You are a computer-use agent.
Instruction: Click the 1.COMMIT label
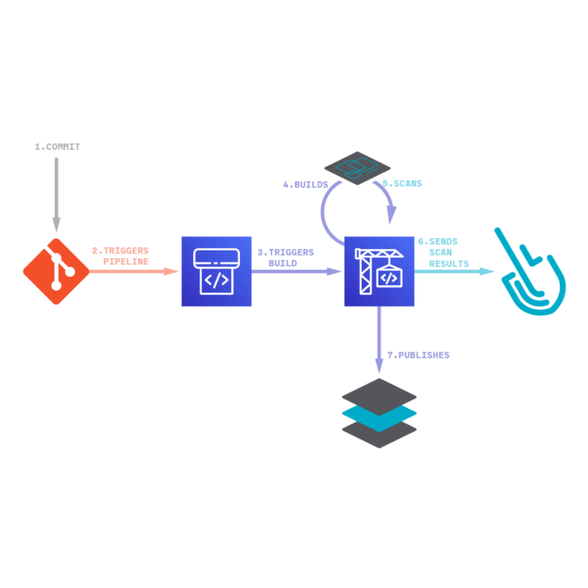tap(57, 147)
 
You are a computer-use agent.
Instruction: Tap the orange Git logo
tap(56, 271)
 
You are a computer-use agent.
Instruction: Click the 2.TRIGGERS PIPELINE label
tap(121, 256)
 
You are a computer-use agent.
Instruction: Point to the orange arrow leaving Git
tap(135, 271)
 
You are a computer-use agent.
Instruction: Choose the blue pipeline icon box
tap(216, 271)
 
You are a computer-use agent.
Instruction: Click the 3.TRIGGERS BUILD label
tap(285, 257)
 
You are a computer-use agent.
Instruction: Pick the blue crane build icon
tap(379, 271)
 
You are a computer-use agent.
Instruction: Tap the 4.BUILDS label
tap(305, 184)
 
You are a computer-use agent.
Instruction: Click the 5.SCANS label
tap(402, 183)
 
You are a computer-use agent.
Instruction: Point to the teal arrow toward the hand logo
tap(453, 271)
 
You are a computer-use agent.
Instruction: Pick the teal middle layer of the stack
tap(379, 413)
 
